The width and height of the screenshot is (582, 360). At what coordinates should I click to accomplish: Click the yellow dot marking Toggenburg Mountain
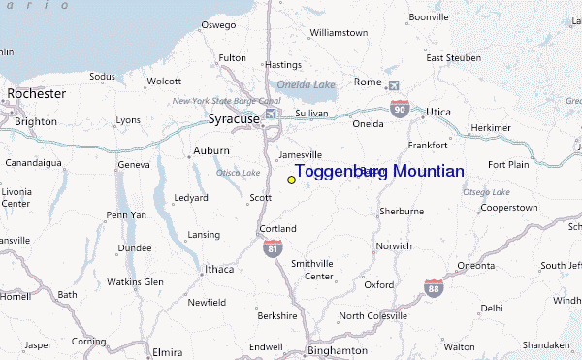tap(291, 180)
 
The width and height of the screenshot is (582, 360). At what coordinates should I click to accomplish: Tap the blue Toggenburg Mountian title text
tap(379, 171)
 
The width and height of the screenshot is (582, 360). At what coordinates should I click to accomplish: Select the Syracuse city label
tap(234, 119)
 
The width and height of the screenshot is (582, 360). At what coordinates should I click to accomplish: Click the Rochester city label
tap(36, 94)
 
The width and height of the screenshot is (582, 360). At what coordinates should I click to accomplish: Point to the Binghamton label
tap(337, 350)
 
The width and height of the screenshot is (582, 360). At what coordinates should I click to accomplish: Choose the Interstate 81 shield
tap(273, 248)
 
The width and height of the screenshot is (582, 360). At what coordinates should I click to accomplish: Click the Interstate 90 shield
tap(400, 109)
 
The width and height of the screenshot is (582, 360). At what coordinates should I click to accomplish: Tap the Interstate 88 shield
tap(434, 287)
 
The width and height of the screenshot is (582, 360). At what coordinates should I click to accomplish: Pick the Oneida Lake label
tap(306, 84)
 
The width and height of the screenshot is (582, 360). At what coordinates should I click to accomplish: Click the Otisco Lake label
tap(239, 173)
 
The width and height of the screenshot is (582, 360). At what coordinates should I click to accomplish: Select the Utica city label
tap(438, 112)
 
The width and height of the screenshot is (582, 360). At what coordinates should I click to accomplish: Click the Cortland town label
tap(277, 228)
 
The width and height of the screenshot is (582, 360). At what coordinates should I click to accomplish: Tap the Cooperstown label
tap(508, 208)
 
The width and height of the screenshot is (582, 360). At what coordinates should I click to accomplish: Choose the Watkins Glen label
tap(135, 282)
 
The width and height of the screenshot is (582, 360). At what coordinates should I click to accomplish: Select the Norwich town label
tap(395, 245)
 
